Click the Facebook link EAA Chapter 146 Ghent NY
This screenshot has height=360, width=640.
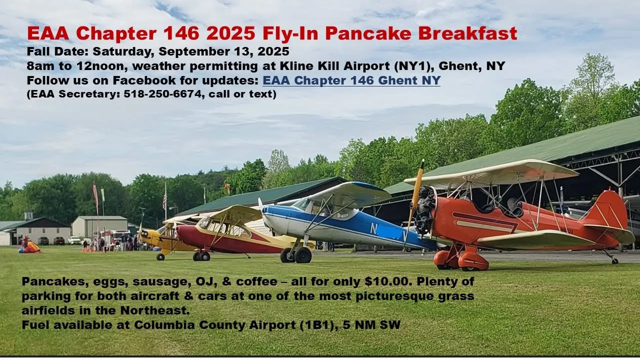(351, 80)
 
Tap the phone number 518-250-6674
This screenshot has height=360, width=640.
(162, 94)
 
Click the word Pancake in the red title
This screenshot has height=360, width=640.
(368, 33)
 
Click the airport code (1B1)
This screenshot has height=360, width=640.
(319, 325)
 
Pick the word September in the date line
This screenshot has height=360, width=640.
(203, 51)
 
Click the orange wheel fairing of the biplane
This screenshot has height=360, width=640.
(473, 261)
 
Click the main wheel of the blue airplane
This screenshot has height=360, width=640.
(303, 255)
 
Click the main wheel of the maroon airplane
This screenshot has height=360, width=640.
(204, 256)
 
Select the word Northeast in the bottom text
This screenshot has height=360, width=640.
(155, 310)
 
